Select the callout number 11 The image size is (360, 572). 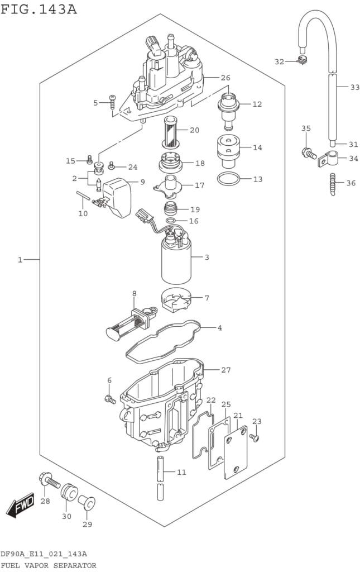point(181,473)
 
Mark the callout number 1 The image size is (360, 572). point(20,260)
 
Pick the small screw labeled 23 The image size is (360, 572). point(255,437)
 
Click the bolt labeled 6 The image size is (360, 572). point(109,399)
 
